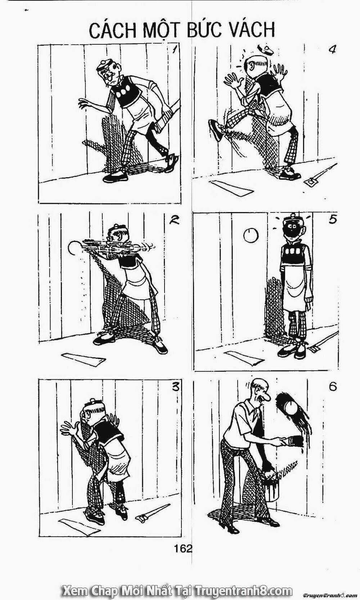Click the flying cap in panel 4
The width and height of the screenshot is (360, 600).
point(265,49)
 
